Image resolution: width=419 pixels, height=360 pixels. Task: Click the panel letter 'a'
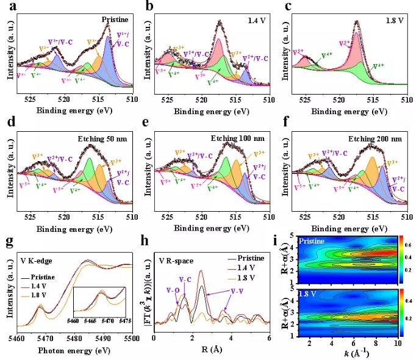pyautogui.click(x=9, y=7)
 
